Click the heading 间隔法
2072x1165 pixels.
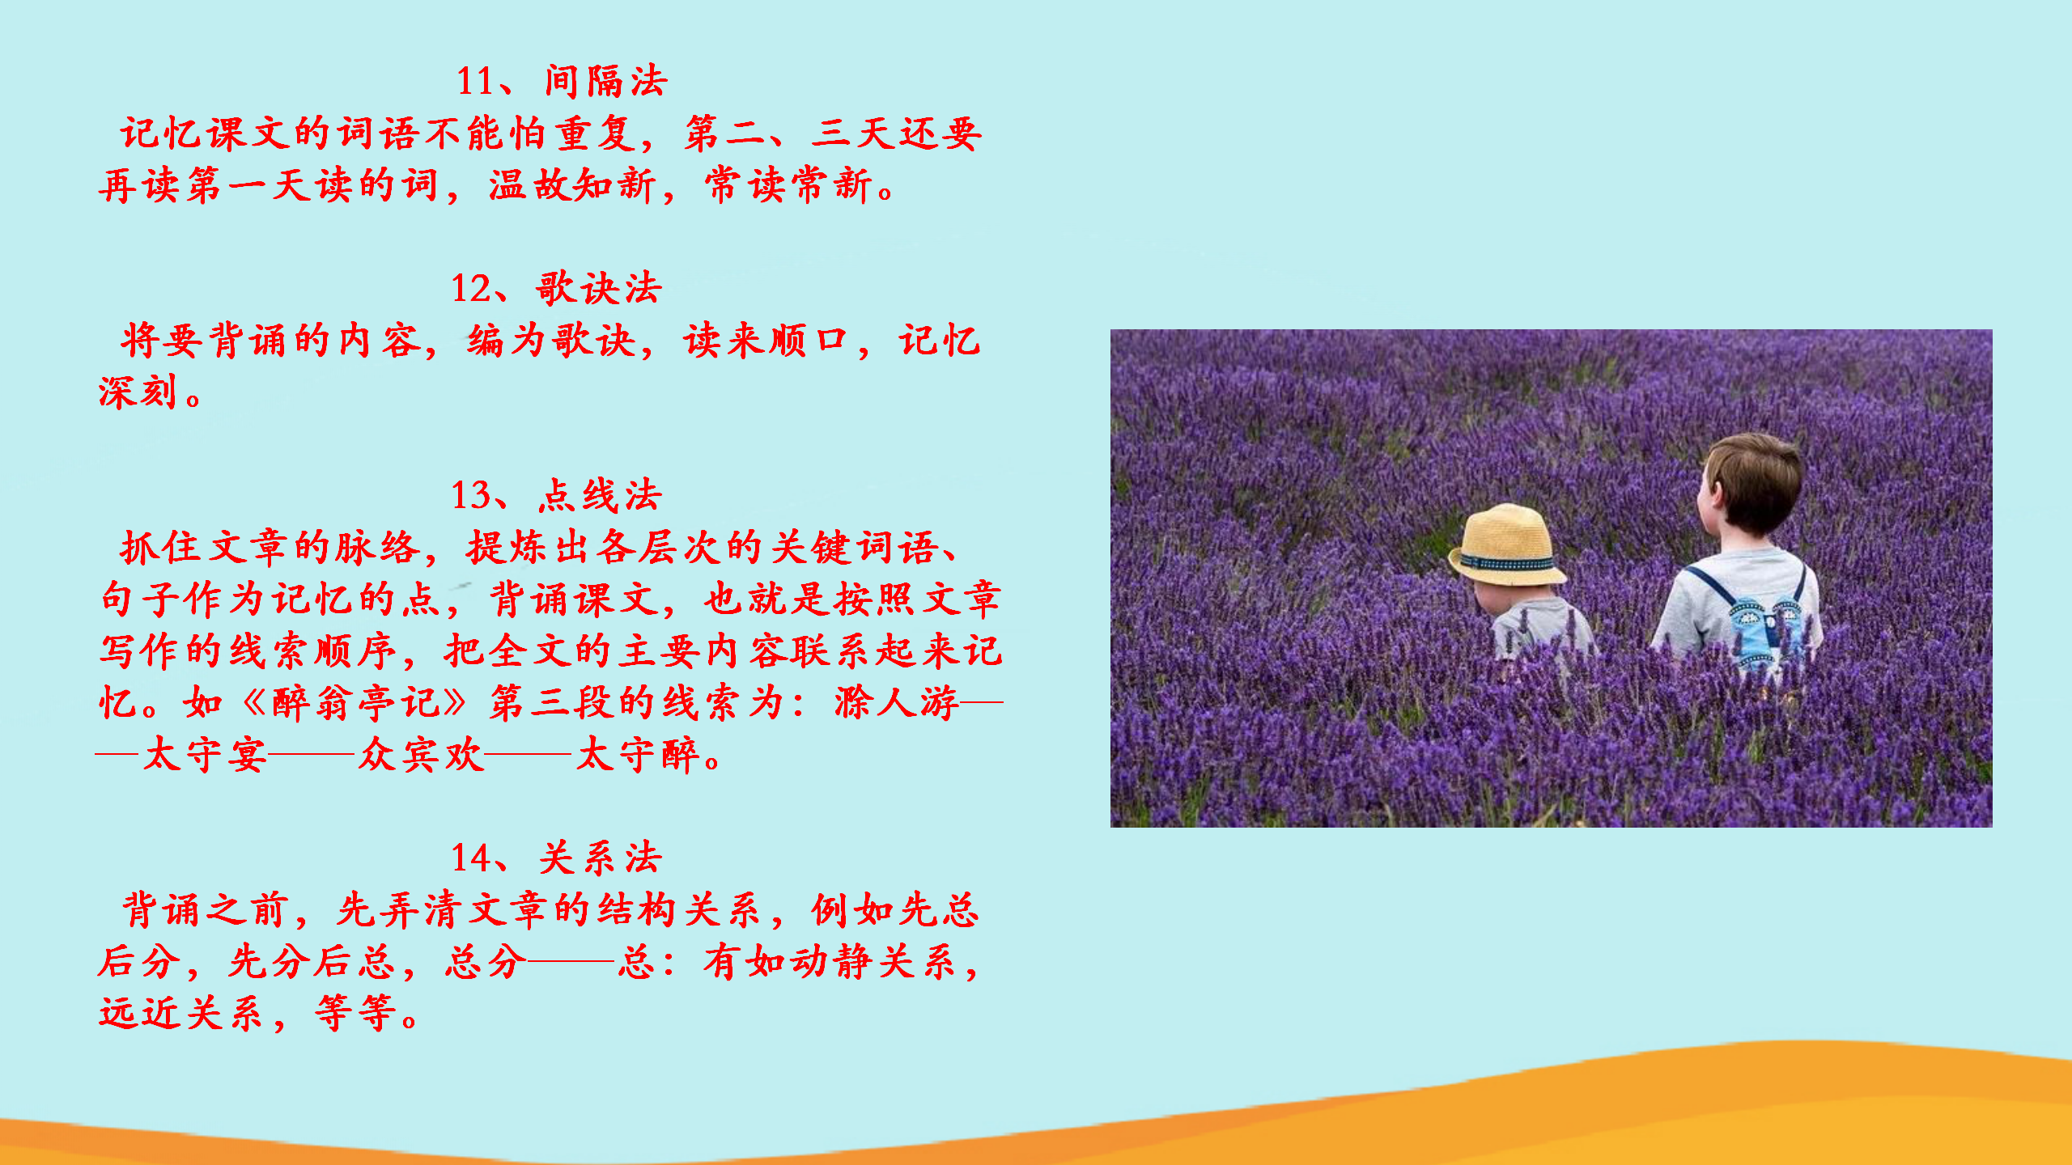(x=606, y=82)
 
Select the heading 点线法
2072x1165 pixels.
(x=601, y=495)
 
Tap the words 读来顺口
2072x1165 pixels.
(x=766, y=341)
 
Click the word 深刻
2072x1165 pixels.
(x=138, y=392)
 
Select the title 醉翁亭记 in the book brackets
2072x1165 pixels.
(x=355, y=702)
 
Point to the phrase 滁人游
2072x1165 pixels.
(x=897, y=702)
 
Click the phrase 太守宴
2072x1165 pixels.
(x=205, y=755)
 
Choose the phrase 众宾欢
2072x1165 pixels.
(x=421, y=755)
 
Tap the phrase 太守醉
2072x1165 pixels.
(x=638, y=755)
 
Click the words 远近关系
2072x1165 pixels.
(x=181, y=1013)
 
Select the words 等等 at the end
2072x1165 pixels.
(x=355, y=1013)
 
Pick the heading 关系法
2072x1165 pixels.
(x=601, y=858)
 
